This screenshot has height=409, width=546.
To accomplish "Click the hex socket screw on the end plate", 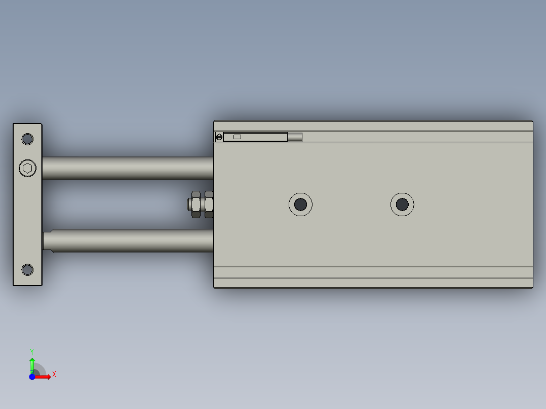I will [28, 168].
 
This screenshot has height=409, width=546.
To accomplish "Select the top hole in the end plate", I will [27, 139].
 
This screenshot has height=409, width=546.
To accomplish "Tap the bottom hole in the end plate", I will [27, 269].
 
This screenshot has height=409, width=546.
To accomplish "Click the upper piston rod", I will [127, 168].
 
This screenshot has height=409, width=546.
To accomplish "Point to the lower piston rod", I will [132, 240].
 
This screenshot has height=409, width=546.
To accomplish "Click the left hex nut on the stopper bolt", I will [196, 204].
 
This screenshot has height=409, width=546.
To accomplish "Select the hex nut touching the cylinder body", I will [208, 204].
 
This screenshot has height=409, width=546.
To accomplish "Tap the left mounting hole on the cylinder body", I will [300, 204].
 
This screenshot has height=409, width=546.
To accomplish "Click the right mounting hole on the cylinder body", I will [402, 204].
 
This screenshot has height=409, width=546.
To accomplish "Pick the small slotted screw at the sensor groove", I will [219, 137].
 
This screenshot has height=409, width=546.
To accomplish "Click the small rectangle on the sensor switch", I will [237, 137].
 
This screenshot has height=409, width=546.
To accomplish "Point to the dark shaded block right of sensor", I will [295, 137].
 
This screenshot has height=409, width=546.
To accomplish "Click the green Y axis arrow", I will [32, 363].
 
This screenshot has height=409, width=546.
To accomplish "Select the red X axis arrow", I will [45, 377].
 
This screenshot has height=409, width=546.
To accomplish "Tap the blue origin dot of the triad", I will [32, 377].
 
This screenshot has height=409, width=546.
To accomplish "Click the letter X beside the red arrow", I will [54, 375].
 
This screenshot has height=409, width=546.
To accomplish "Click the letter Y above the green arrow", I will [32, 351].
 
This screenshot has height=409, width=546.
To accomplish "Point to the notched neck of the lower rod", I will [48, 240].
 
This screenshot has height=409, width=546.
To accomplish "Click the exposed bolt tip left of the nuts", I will [189, 204].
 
